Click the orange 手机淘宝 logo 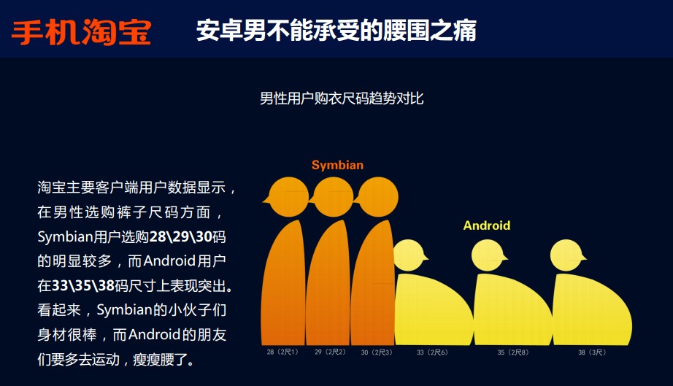tap(81, 32)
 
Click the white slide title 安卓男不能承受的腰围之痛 tap(336, 31)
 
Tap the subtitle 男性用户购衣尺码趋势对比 tap(342, 99)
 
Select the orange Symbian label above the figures tap(337, 165)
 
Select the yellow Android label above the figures tap(487, 225)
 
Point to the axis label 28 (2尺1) tap(282, 352)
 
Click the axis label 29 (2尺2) tap(330, 352)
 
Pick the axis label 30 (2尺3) tap(377, 352)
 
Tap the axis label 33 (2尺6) tap(432, 352)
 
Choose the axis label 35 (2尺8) tap(513, 352)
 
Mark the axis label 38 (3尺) tap(592, 352)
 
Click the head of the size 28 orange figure tap(287, 197)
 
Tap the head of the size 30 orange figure tap(377, 197)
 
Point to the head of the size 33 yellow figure tap(410, 255)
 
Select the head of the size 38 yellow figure tap(567, 255)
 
